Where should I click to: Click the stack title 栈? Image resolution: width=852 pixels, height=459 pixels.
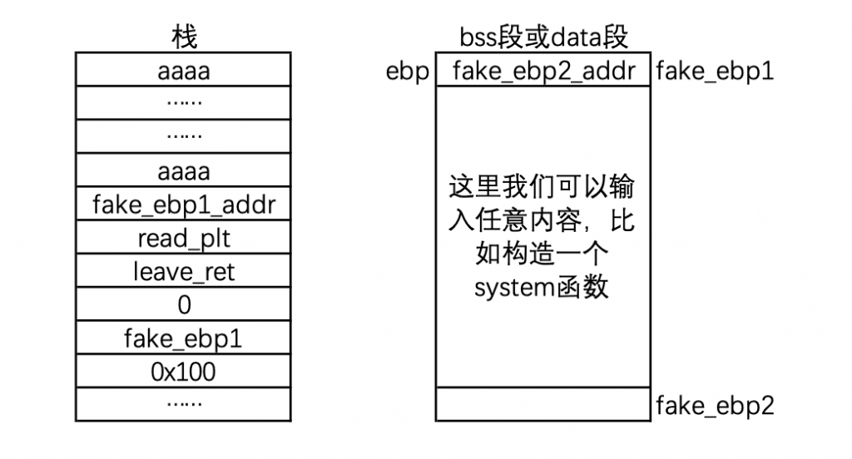[x=184, y=37]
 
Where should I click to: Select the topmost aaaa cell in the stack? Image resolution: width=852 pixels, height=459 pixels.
[x=184, y=70]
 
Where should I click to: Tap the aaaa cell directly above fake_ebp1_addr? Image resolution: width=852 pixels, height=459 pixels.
[x=184, y=170]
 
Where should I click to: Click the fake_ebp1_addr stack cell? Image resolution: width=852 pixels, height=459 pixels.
[x=184, y=205]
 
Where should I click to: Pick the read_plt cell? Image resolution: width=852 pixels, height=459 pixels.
[x=184, y=238]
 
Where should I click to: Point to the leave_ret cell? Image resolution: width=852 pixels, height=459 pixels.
[x=184, y=271]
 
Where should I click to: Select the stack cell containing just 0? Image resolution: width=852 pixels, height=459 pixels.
[x=184, y=305]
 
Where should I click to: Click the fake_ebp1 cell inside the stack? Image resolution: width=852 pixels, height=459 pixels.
[x=184, y=338]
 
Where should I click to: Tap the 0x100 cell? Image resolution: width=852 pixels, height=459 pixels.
[x=184, y=372]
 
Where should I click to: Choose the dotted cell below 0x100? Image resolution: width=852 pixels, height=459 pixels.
[x=184, y=404]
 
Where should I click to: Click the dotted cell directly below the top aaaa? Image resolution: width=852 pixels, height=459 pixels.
[x=184, y=103]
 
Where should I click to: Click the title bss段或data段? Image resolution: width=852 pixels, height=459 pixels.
[x=543, y=37]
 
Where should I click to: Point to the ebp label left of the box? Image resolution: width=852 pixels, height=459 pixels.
[x=408, y=71]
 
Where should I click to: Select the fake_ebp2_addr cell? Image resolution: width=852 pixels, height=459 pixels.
[x=543, y=71]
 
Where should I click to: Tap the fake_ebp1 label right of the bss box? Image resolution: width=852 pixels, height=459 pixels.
[x=715, y=71]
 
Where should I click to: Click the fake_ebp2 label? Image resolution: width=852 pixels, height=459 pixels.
[x=715, y=406]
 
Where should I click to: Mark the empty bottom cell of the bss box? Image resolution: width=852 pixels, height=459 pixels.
[x=543, y=404]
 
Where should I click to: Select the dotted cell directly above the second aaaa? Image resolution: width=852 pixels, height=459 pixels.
[x=184, y=136]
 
